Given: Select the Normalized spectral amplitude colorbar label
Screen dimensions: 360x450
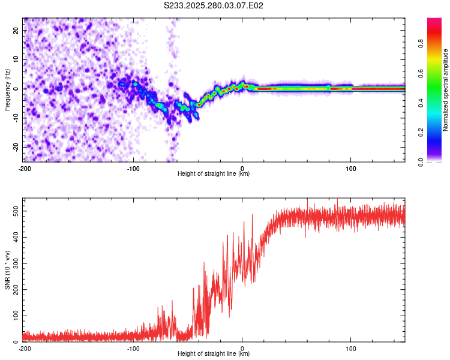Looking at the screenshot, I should point(446,90).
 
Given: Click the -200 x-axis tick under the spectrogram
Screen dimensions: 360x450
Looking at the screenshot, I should point(25,168).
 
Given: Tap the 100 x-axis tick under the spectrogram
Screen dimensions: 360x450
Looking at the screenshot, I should point(351,168).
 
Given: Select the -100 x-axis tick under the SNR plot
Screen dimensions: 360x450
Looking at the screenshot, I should point(133,348).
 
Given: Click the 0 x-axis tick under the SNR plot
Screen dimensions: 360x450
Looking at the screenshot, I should point(242,348).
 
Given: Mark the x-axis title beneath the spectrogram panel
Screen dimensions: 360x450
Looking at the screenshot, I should point(214,174).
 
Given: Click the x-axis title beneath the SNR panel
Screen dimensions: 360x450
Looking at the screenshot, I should point(214,354).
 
